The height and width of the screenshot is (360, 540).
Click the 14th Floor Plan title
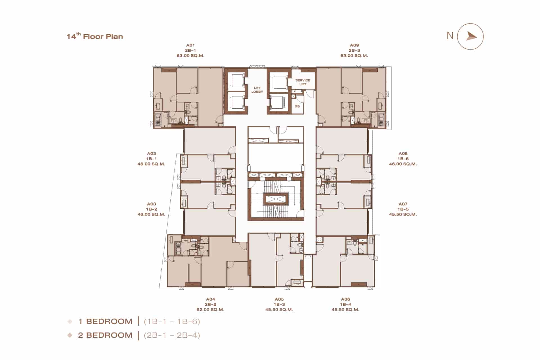click(95, 36)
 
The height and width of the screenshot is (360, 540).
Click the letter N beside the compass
click(450, 36)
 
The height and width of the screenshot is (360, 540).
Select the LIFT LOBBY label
click(257, 90)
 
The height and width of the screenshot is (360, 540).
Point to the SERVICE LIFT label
click(303, 82)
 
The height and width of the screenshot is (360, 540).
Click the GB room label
click(297, 106)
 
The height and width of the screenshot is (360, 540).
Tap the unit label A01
click(190, 45)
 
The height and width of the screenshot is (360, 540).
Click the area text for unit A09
click(354, 56)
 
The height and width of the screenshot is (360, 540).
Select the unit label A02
click(151, 154)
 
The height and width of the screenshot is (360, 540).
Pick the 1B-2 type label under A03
click(151, 209)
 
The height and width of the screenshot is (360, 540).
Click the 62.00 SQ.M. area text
click(210, 310)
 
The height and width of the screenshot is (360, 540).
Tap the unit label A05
click(279, 299)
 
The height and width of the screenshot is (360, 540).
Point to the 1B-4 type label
click(345, 304)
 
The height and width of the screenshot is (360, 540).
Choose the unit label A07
click(403, 204)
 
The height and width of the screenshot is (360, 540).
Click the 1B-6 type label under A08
click(403, 159)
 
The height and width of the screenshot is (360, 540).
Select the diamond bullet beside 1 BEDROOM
click(70, 321)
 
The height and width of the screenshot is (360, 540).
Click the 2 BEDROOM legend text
click(105, 335)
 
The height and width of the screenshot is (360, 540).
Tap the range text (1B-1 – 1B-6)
click(172, 321)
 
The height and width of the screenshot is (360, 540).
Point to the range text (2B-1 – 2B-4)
click(172, 335)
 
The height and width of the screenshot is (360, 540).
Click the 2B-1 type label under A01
click(190, 50)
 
